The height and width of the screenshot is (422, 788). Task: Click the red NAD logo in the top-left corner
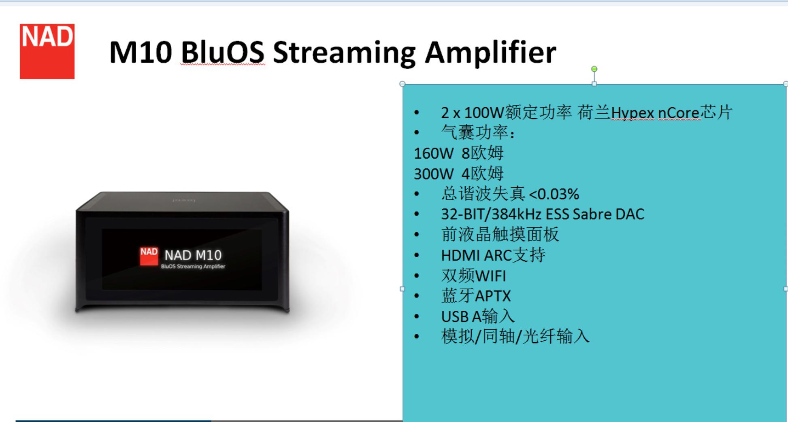pyautogui.click(x=47, y=51)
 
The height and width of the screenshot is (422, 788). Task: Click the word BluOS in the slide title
pyautogui.click(x=222, y=52)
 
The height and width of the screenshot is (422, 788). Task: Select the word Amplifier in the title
pyautogui.click(x=490, y=52)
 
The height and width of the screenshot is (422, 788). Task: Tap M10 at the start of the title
pyautogui.click(x=141, y=52)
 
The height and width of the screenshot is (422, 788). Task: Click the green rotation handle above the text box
pyautogui.click(x=594, y=69)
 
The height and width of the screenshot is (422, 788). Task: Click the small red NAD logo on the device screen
pyautogui.click(x=149, y=256)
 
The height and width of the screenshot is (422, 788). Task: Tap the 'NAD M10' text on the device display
pyautogui.click(x=193, y=255)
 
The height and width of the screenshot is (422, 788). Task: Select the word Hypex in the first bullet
pyautogui.click(x=632, y=113)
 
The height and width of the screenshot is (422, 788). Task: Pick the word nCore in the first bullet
pyautogui.click(x=679, y=113)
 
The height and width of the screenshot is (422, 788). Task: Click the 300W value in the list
pyautogui.click(x=433, y=174)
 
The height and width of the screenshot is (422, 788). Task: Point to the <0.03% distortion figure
pyautogui.click(x=554, y=194)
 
